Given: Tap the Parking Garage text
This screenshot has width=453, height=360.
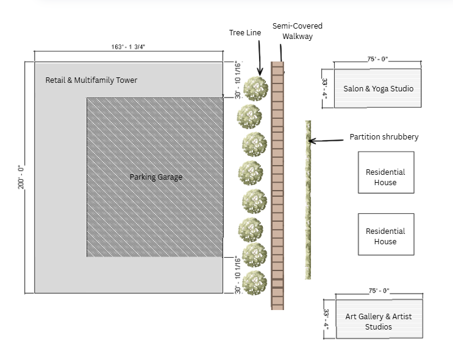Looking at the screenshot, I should (x=156, y=177).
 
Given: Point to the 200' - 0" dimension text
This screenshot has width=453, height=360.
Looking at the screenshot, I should (x=20, y=176).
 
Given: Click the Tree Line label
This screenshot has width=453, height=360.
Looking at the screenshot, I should (x=244, y=32).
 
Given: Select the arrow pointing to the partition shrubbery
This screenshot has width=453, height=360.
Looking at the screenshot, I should (x=327, y=141).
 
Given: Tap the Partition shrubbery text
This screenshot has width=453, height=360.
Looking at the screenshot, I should (x=384, y=137).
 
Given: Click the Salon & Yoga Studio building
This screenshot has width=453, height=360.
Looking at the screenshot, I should (x=378, y=89).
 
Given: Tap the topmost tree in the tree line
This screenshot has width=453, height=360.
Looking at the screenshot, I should (x=255, y=90).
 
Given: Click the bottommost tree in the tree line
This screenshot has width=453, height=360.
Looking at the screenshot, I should (x=255, y=283).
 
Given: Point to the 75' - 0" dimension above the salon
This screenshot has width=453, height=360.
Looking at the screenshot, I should (x=377, y=59).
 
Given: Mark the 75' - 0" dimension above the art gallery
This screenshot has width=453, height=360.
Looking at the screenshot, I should (x=379, y=292).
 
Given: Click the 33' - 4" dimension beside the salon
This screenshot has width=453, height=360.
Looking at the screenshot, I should (x=325, y=88).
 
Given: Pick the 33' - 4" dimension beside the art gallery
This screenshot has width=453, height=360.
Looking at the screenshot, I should (x=326, y=319).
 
